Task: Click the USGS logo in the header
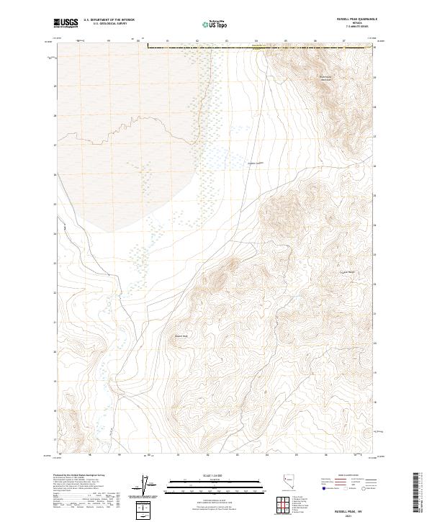click(66, 24)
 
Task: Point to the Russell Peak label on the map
click(181, 336)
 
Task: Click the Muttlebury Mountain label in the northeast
click(328, 77)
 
